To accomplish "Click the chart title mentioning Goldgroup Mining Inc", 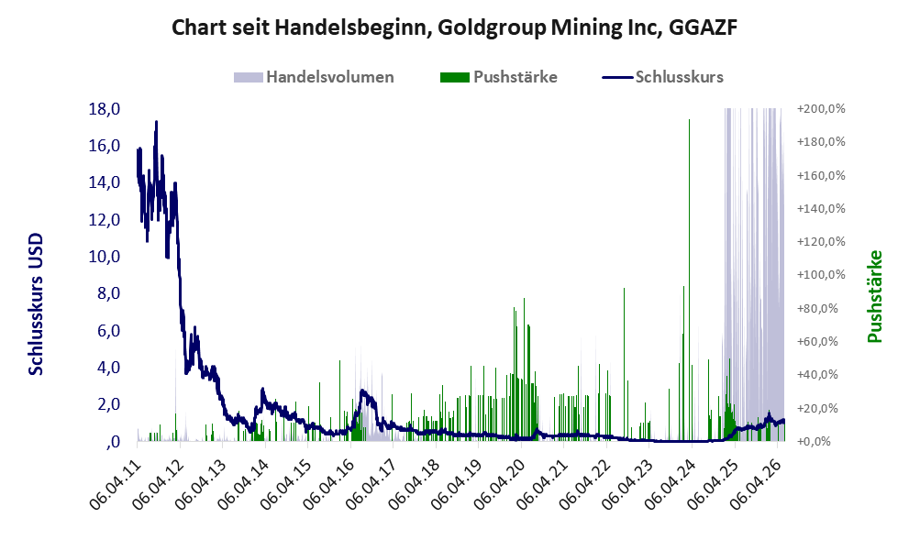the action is [x=455, y=28].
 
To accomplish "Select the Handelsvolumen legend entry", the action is [x=314, y=77].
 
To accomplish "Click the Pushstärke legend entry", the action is [x=499, y=77].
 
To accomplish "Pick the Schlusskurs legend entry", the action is [x=662, y=77].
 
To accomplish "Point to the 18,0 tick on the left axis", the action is [x=105, y=108].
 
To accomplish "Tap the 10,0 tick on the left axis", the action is [x=105, y=256].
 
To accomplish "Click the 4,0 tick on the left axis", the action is [x=108, y=368].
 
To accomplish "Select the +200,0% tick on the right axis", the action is [x=821, y=108].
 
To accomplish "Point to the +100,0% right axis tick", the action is [x=821, y=275].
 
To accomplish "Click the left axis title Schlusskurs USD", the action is [x=36, y=304].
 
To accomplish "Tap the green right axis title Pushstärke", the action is [x=875, y=296].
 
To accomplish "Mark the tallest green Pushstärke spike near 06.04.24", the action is [x=689, y=280].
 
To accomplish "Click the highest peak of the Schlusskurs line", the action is [x=156, y=122].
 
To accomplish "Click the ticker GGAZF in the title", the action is [x=703, y=28].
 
